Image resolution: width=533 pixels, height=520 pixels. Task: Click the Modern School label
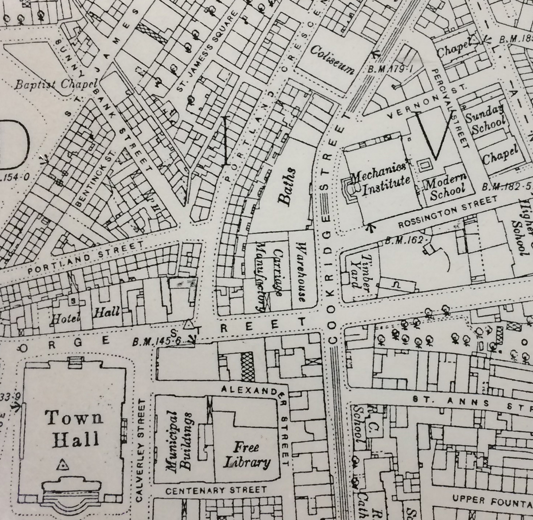click(447, 187)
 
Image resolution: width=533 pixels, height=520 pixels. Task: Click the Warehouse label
click(302, 272)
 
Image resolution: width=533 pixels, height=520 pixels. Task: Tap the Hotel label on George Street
click(66, 318)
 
